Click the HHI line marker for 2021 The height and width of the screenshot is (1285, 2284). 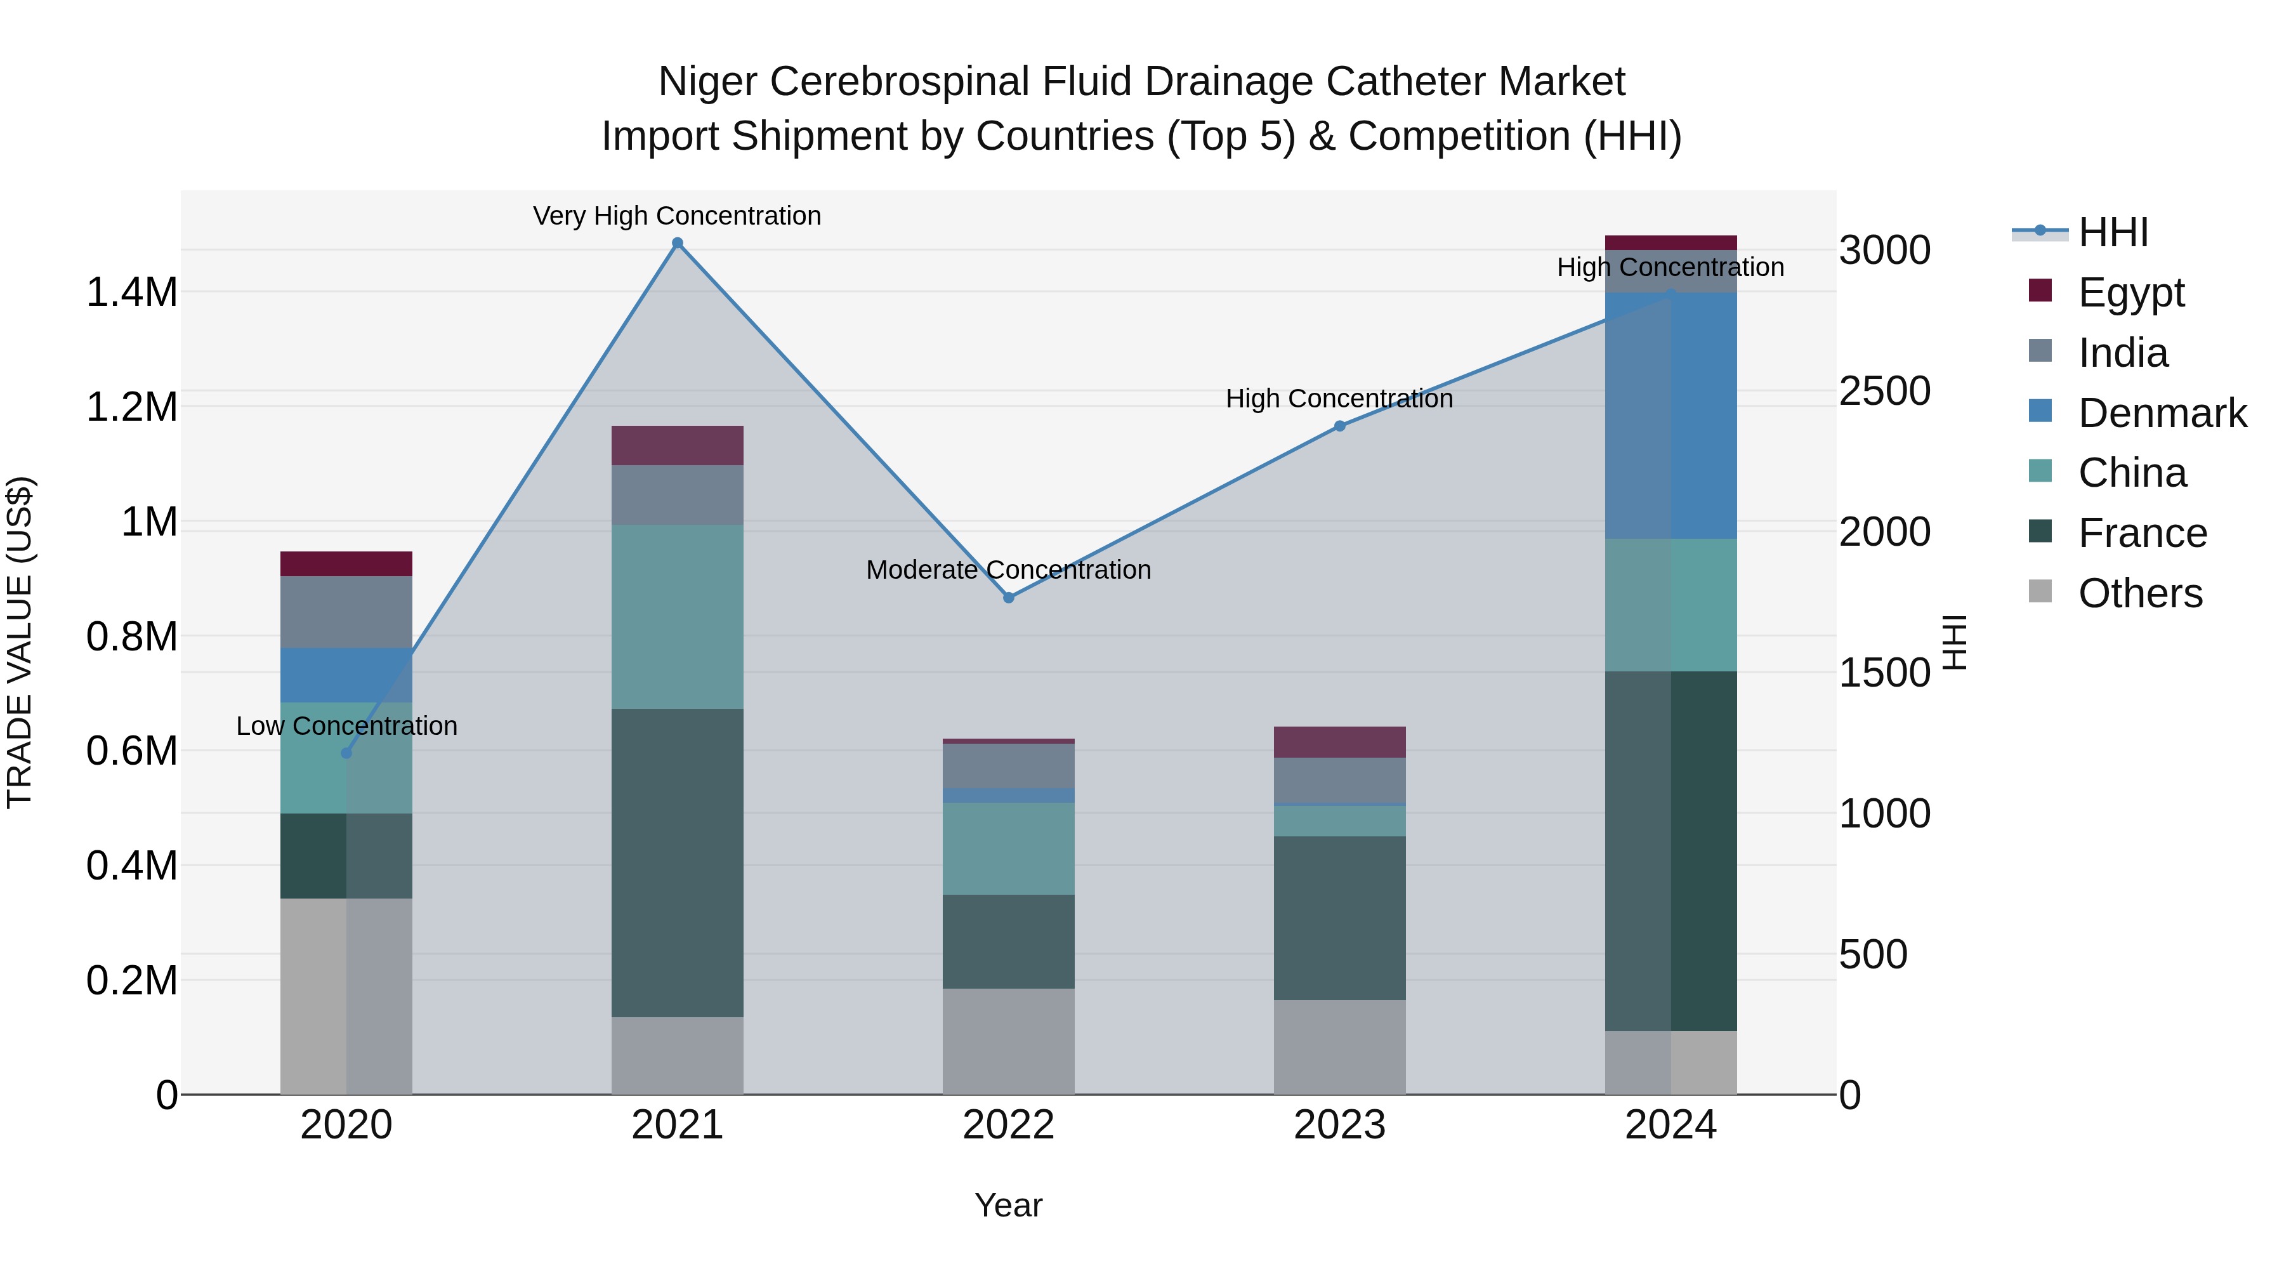[x=678, y=243]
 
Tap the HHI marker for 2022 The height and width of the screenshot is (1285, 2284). [x=1008, y=598]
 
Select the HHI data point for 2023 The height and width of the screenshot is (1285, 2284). [x=1340, y=426]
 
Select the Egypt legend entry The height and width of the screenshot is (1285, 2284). [x=2130, y=293]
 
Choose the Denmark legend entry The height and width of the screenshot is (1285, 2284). [x=2162, y=413]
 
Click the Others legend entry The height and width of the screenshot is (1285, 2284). [x=2139, y=593]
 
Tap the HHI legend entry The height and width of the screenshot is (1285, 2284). [x=2113, y=232]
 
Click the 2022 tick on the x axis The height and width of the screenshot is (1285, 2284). [x=1008, y=1125]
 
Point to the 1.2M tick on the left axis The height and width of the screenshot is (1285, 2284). [x=131, y=407]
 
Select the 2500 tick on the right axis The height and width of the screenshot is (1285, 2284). [x=1884, y=391]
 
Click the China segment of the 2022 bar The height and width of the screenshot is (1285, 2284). [x=1008, y=848]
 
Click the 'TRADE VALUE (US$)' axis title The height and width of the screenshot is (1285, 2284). [x=20, y=642]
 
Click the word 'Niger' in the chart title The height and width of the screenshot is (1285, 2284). [x=707, y=82]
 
